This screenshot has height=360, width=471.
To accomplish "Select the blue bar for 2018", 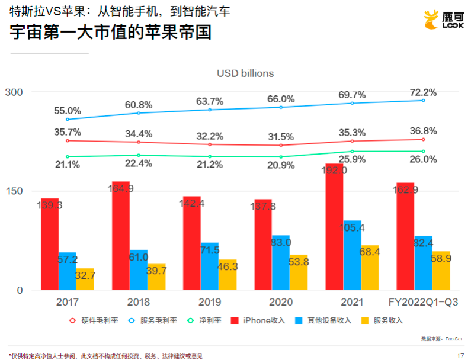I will (x=139, y=270).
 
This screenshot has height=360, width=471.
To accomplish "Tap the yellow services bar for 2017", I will (x=85, y=279).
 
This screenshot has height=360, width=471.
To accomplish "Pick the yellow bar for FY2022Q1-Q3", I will (x=441, y=271).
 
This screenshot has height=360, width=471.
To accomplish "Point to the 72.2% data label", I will (x=423, y=92).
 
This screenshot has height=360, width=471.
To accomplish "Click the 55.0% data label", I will (x=67, y=111).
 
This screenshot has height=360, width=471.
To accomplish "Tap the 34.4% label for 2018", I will (x=138, y=133).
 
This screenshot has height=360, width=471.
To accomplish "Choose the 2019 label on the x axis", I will (x=210, y=302).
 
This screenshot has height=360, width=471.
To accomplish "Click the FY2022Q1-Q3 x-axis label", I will (x=423, y=302).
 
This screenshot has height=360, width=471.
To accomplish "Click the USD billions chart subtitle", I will (x=245, y=73).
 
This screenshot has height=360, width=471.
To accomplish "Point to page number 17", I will (x=460, y=355).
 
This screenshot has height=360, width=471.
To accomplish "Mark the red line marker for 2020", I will (x=281, y=145).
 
